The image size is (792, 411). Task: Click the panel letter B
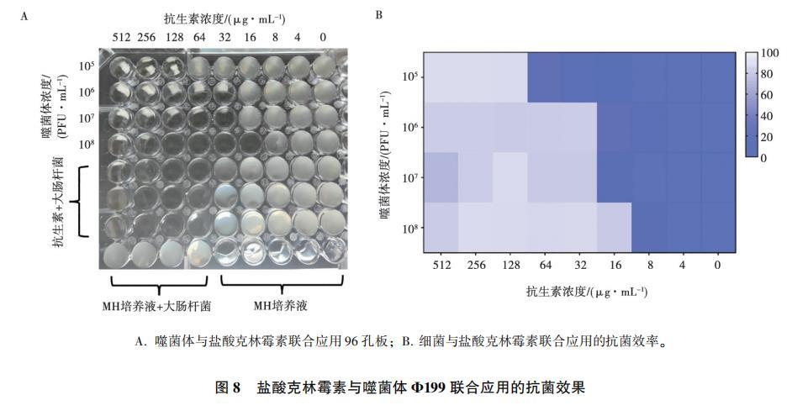tap(378, 15)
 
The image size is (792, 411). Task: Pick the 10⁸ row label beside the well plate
tap(86, 144)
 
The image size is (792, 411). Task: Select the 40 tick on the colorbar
tap(768, 116)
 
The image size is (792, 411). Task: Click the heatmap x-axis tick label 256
tap(475, 265)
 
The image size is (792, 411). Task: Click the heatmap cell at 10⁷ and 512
tap(441, 177)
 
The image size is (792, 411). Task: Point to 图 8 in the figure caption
tap(228, 387)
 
